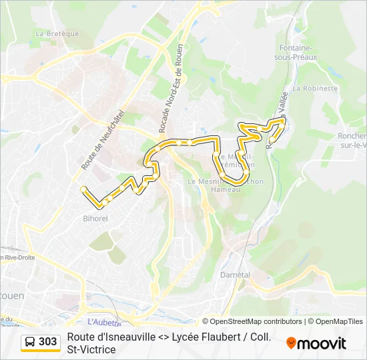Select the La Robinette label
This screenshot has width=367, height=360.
point(315,88)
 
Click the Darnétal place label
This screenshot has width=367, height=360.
point(234,275)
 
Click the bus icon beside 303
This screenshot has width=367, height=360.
point(30,342)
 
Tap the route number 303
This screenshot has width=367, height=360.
point(48,342)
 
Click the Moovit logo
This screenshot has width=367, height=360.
point(316,343)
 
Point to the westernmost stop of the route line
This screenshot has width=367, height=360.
point(83,189)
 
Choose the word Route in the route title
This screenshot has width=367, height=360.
point(81,337)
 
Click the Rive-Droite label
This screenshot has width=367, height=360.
point(19,257)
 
